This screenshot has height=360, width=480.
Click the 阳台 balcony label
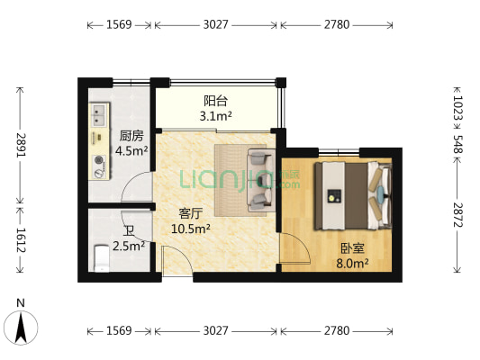click(215, 101)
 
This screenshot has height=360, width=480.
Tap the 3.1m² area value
click(215, 115)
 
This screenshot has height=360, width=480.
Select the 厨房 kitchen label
click(132, 137)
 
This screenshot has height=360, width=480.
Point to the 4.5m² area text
click(132, 151)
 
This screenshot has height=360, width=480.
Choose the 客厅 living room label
click(190, 214)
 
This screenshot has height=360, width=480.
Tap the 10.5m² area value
click(190, 229)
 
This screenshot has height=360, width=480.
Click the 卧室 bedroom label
click(352, 248)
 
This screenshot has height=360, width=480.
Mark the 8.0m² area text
click(352, 263)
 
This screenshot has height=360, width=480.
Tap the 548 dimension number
click(457, 142)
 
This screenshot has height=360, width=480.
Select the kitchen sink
click(97, 114)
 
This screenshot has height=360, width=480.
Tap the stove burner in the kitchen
click(98, 164)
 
